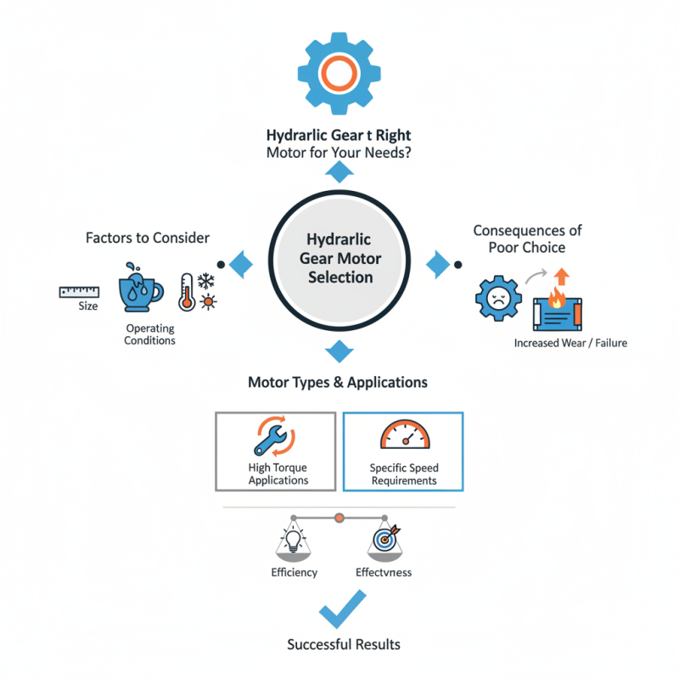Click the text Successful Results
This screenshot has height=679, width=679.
(343, 644)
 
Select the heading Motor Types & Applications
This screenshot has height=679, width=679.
(337, 382)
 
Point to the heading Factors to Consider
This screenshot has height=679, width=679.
(148, 238)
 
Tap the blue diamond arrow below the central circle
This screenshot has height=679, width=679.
(339, 351)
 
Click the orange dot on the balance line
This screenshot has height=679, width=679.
(339, 516)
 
